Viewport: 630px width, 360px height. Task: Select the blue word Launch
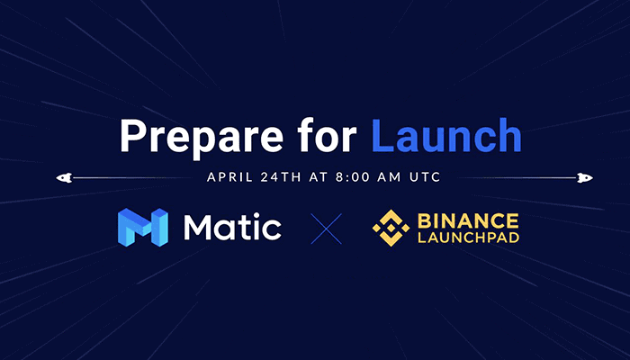coord(446,135)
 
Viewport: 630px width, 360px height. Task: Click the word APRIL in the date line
coord(229,177)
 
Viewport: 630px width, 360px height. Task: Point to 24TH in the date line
coord(281,177)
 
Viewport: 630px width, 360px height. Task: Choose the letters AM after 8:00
coord(389,177)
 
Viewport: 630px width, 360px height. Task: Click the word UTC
coord(425,177)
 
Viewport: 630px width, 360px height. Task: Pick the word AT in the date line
coord(319,177)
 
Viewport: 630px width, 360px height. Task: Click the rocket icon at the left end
coord(64,177)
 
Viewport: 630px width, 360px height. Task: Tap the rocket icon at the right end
coord(585,177)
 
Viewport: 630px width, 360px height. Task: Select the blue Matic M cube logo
coord(143,227)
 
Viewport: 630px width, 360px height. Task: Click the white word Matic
coord(232,227)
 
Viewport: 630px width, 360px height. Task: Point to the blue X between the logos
coord(326,229)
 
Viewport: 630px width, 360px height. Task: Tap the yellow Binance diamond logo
coord(391,228)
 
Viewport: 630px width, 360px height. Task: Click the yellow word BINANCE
coord(468,221)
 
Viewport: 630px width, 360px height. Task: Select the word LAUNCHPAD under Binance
coord(469,238)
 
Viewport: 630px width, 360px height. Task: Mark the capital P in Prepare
coord(134,135)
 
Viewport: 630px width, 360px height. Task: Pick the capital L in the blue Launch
coord(382,135)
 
